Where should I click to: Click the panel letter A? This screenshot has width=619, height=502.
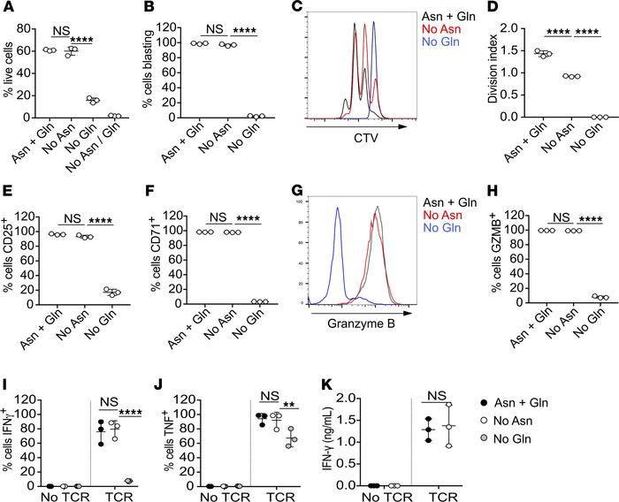pyautogui.click(x=8, y=9)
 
